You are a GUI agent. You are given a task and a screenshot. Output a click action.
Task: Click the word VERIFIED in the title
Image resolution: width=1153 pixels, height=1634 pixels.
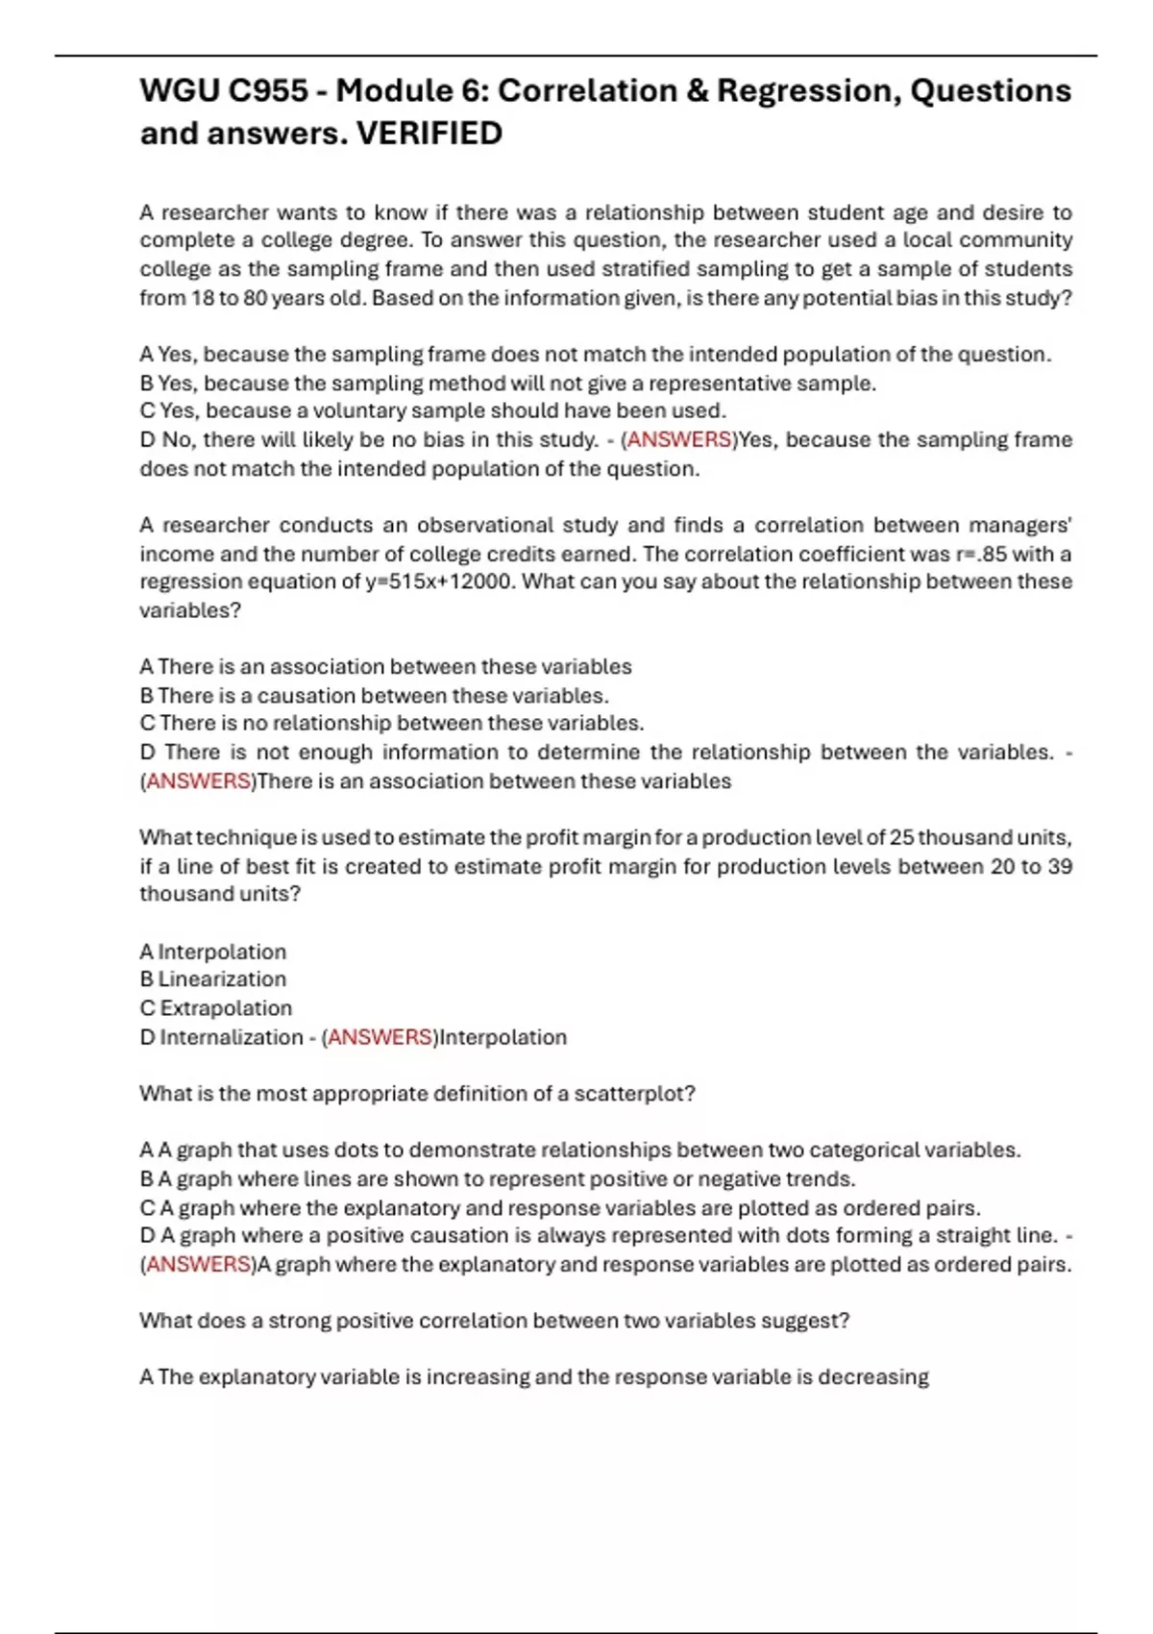click(x=429, y=134)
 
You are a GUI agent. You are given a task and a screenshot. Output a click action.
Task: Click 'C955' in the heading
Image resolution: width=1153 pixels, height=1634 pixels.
click(x=268, y=90)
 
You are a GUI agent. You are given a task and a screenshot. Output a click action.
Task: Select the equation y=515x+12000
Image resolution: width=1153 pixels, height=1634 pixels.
click(x=441, y=582)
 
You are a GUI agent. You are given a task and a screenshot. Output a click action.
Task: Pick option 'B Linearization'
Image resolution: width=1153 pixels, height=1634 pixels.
click(x=213, y=979)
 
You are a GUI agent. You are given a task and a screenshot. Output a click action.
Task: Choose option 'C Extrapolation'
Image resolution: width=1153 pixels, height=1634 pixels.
click(x=216, y=1008)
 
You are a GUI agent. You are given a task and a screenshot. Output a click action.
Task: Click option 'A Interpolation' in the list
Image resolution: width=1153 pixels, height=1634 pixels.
click(x=213, y=952)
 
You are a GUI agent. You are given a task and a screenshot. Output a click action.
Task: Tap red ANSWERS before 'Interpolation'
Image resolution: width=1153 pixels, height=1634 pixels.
click(x=380, y=1037)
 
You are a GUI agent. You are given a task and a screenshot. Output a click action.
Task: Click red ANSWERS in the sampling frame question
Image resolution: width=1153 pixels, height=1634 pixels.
click(x=679, y=439)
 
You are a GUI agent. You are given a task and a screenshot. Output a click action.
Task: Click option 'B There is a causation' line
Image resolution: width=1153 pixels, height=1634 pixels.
click(x=375, y=695)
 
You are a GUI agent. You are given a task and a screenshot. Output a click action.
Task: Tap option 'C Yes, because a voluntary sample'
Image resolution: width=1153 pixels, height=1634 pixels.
click(x=432, y=410)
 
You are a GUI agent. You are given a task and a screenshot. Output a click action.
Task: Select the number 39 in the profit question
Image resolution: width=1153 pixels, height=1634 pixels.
click(x=1060, y=866)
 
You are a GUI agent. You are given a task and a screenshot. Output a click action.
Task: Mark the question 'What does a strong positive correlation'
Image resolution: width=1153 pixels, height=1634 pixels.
click(x=494, y=1321)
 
